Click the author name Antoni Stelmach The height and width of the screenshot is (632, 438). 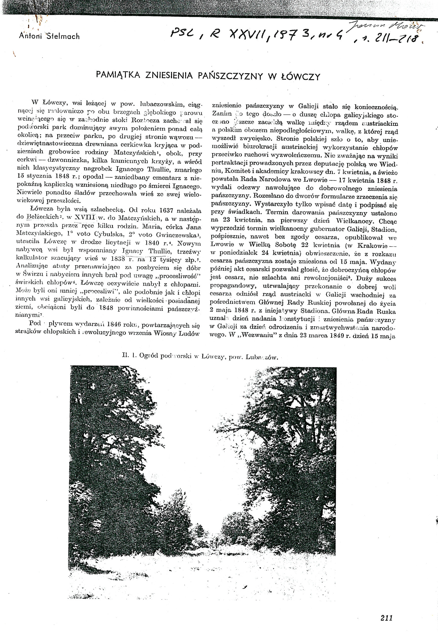(x=49, y=36)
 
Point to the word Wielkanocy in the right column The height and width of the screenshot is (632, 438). (x=352, y=221)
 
